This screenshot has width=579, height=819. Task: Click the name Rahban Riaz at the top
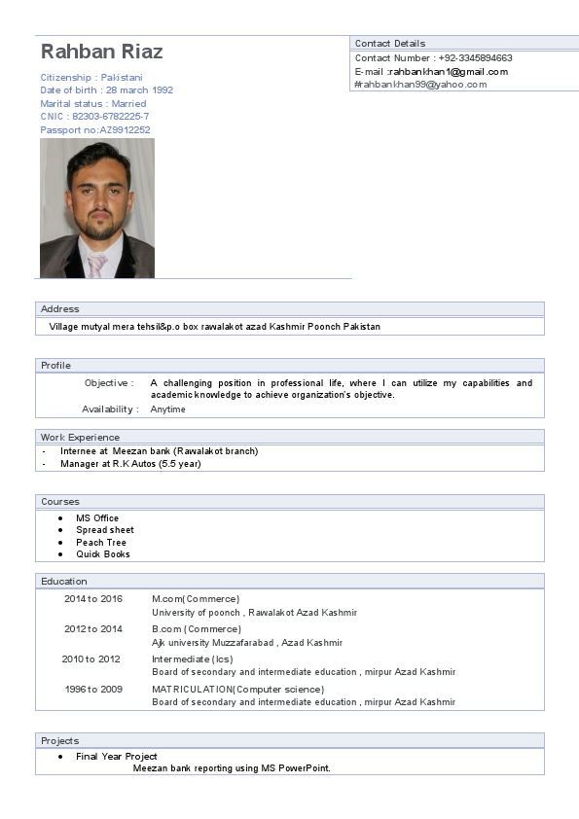point(101,52)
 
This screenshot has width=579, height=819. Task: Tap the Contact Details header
point(389,44)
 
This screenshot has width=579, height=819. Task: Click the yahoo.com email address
point(420,85)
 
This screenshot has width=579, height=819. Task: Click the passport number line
point(95,130)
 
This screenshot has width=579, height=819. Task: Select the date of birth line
point(107,90)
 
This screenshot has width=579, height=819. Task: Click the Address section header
point(60,309)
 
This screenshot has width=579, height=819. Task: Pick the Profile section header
point(56,366)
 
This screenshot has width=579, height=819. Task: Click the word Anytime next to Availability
point(167,409)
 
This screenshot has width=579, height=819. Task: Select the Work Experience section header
point(81,438)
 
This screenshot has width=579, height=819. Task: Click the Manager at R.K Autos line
point(130,464)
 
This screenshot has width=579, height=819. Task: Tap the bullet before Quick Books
point(61,554)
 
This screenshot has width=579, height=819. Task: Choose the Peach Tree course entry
point(101,543)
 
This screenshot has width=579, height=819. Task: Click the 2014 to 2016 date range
point(93,599)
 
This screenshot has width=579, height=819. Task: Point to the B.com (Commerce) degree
point(185,629)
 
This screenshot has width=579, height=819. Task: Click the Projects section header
point(60,741)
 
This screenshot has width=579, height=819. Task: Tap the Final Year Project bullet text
point(117,757)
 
